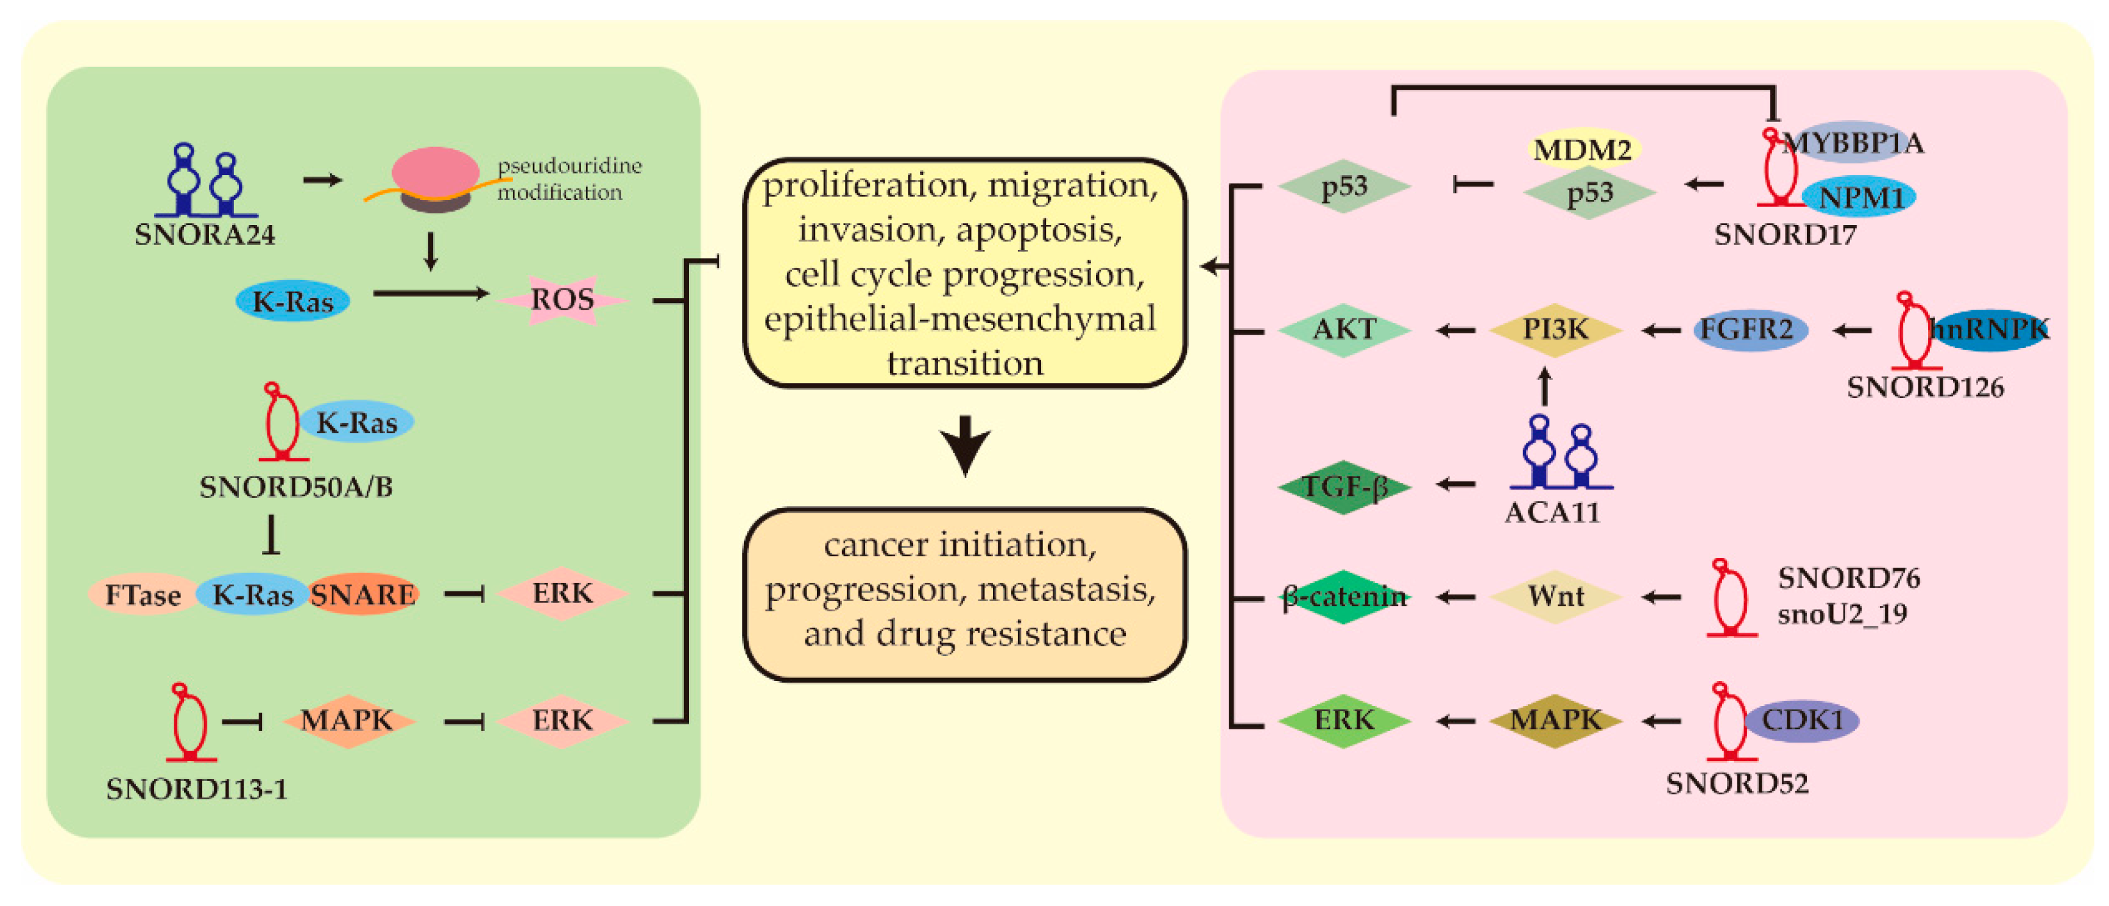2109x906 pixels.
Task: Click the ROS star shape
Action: click(x=562, y=300)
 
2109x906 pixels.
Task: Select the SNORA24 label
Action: click(x=205, y=235)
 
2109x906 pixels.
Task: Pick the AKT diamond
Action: click(x=1344, y=329)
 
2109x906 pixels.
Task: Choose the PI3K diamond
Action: click(x=1555, y=329)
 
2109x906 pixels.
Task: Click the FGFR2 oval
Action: click(x=1750, y=330)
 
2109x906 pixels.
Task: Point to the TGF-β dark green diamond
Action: click(x=1344, y=487)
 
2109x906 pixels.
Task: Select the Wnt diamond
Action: click(x=1555, y=596)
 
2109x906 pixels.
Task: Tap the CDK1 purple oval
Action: click(x=1801, y=721)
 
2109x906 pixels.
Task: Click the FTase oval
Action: click(x=143, y=594)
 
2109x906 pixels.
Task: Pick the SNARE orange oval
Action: click(x=362, y=594)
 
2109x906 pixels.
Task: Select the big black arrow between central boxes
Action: click(x=966, y=446)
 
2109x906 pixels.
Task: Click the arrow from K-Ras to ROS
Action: click(x=431, y=293)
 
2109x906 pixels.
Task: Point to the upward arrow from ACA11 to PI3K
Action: click(x=1545, y=387)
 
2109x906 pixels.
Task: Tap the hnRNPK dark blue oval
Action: click(x=1990, y=330)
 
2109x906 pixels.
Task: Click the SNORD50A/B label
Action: click(x=297, y=487)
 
